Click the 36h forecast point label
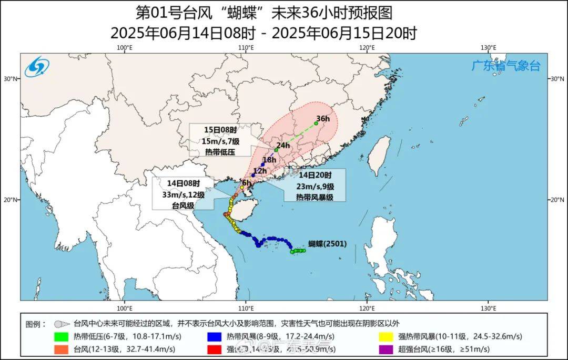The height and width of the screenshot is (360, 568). coord(323,119)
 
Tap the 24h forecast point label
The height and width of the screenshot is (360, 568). coord(283,146)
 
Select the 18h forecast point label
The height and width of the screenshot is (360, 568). coord(269,160)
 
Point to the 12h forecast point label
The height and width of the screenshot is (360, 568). coord(260,171)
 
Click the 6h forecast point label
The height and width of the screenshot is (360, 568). coord(247,182)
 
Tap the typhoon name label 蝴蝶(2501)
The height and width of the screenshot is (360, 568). coord(328,244)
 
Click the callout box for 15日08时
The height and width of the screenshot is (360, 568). coord(220,140)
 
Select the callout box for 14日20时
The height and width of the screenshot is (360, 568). coord(315,186)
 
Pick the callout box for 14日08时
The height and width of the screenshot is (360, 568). coord(183,194)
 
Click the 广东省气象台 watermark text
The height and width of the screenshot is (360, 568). coord(505,66)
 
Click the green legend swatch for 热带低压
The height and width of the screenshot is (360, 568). coord(62,337)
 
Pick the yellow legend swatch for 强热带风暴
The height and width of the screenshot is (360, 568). coord(387,337)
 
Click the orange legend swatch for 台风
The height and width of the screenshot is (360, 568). coord(62,349)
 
